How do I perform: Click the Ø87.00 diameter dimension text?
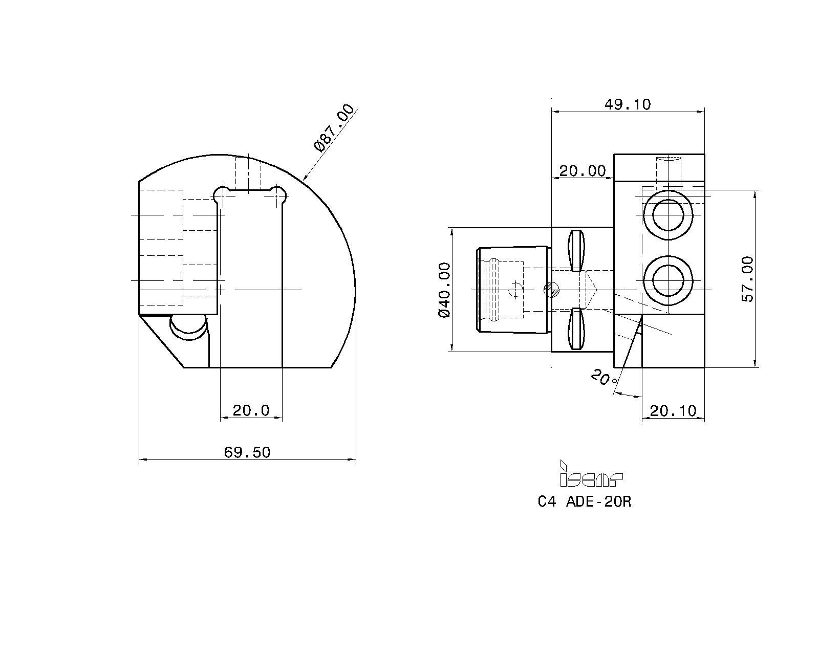(334, 128)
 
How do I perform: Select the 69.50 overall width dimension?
(247, 452)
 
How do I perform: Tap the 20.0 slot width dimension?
(251, 411)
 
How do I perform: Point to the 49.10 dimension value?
(628, 104)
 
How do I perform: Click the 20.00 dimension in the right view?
(583, 171)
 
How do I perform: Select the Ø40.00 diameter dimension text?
(444, 290)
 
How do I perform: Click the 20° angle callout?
(605, 378)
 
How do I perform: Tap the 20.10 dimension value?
(673, 411)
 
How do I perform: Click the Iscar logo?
(591, 474)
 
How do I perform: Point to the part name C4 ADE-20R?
(584, 502)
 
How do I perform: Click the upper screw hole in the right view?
(668, 215)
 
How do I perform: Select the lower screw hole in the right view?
(668, 281)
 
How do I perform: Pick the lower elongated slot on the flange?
(576, 329)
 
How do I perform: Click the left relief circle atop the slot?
(221, 195)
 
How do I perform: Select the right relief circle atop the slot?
(277, 195)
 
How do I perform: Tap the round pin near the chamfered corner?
(188, 326)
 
